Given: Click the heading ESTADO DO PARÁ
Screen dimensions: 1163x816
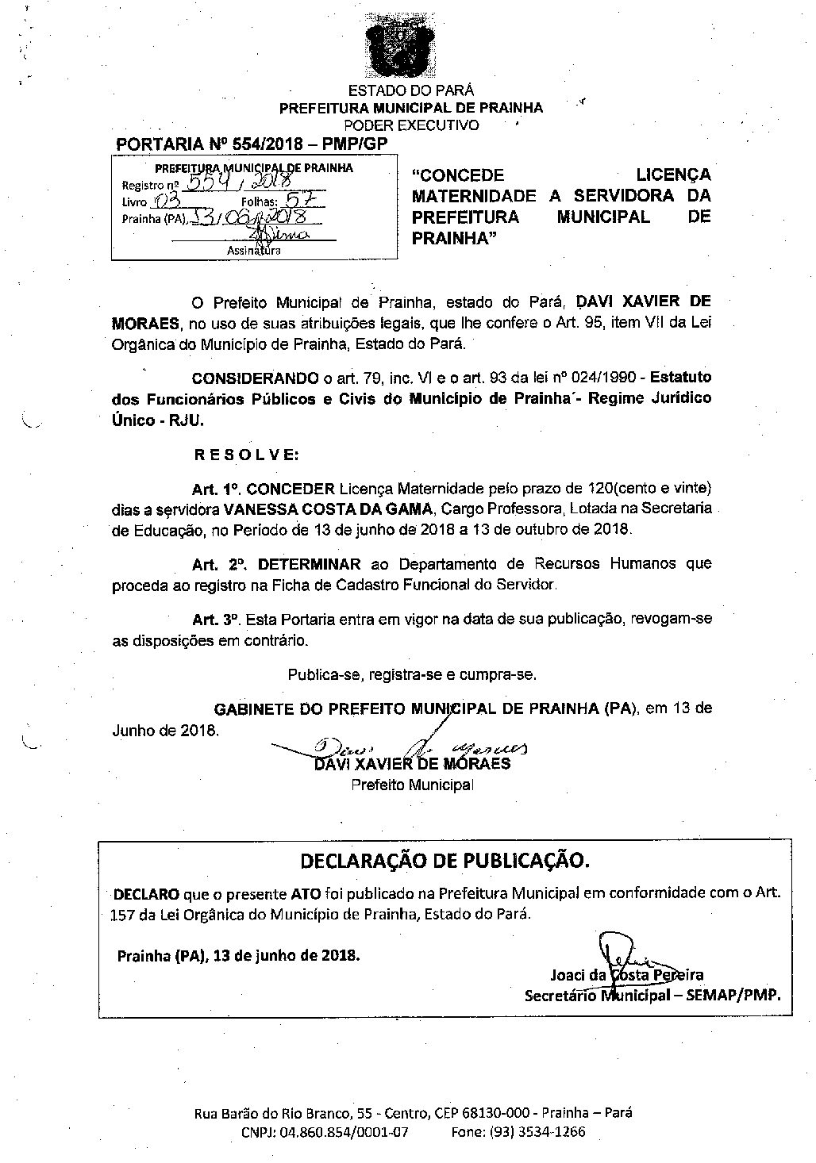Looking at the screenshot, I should (x=411, y=90).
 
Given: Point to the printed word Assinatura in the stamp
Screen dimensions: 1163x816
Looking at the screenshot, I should (x=252, y=251).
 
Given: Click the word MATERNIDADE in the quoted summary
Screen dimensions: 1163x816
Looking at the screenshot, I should (x=475, y=195).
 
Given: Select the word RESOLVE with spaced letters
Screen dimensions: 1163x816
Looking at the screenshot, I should (x=246, y=455).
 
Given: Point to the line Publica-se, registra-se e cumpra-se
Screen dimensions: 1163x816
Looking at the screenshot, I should (x=412, y=674).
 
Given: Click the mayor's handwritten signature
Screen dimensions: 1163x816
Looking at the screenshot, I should (x=413, y=748).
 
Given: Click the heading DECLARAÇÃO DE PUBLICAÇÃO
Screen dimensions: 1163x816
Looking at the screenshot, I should (x=445, y=860).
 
